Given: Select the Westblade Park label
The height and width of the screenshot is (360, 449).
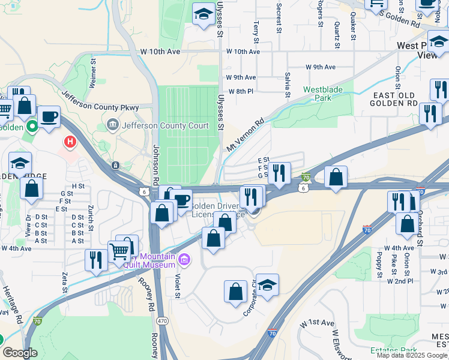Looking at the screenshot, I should click(318, 93).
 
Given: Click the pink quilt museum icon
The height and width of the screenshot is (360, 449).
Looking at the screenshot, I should click(184, 259).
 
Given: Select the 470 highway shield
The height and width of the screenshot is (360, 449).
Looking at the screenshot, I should click(162, 322).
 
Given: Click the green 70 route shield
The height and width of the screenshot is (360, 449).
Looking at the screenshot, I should click(306, 177).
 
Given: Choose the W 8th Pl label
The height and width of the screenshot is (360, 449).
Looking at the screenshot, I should click(241, 91).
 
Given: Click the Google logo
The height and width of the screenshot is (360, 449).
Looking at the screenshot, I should click(20, 353).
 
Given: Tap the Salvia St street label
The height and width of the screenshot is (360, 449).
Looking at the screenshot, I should click(288, 83).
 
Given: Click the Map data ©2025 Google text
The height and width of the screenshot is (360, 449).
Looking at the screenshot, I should click(412, 355).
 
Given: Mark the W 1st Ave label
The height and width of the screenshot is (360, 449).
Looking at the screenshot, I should click(318, 323).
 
